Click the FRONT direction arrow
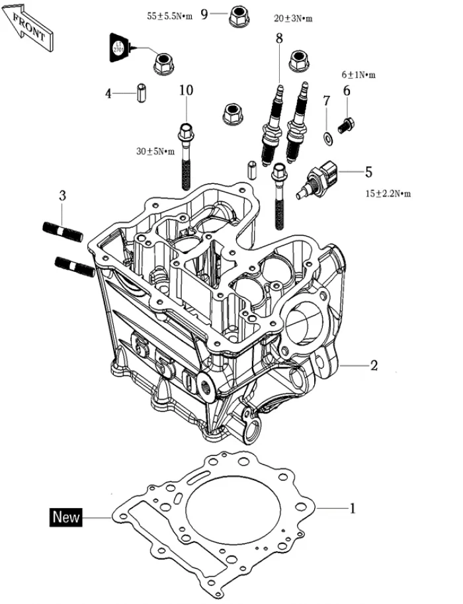point(28,25)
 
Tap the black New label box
point(66,517)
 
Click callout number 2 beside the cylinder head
point(374,365)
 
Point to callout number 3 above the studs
point(62,196)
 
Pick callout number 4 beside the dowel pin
point(108,93)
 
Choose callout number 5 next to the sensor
point(368,172)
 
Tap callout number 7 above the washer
point(326,101)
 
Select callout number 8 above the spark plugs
point(279,38)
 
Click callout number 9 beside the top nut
point(204,14)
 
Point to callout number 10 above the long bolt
point(186,91)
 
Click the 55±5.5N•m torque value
point(169,16)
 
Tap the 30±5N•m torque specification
point(155,151)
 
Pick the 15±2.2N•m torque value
point(388,194)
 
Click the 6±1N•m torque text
point(358,75)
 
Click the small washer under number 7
point(327,138)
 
